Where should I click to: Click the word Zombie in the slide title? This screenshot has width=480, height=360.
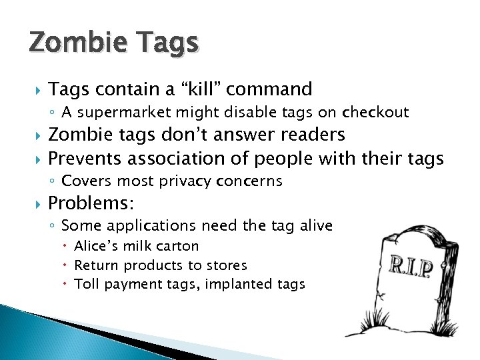point(73,44)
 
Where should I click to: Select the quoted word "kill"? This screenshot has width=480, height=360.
point(198,89)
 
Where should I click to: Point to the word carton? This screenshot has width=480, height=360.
point(178,246)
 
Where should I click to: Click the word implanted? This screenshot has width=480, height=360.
point(237,285)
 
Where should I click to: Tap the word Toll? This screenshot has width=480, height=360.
point(85,285)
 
